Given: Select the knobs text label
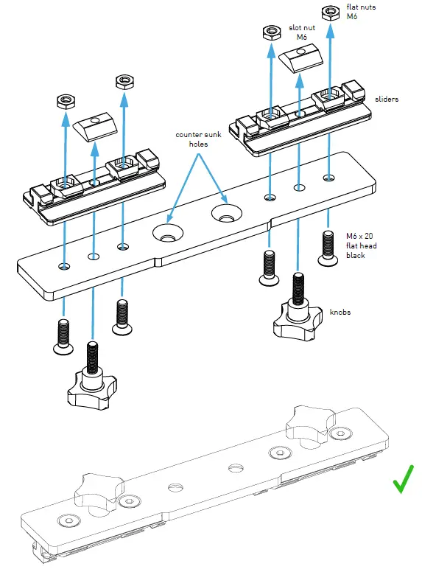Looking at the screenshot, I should [340, 313].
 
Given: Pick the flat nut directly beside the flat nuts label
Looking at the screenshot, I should [329, 13].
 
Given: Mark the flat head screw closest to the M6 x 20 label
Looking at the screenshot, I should [327, 249].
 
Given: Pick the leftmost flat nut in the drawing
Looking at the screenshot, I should [65, 100].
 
